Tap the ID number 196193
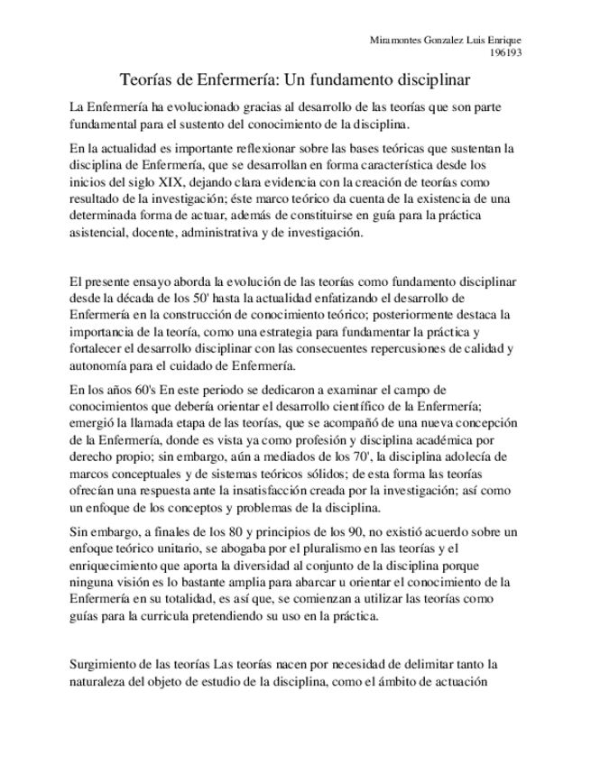point(504,52)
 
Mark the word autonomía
point(101,364)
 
